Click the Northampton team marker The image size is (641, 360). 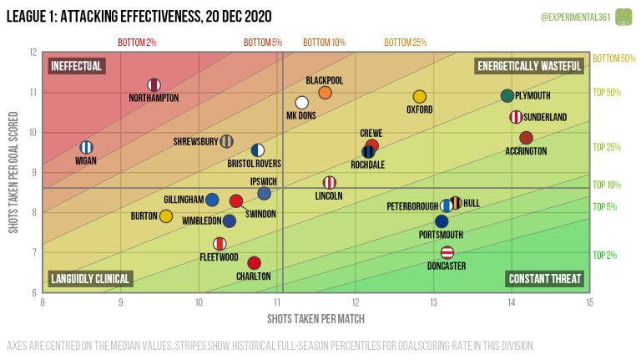[154, 84]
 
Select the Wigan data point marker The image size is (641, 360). [85, 147]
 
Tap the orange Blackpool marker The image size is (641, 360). [326, 93]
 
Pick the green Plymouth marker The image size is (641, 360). [507, 96]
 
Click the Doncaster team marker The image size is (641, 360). [447, 252]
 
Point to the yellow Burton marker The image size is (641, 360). [166, 216]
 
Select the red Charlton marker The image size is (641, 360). [255, 263]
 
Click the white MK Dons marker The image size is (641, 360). [301, 103]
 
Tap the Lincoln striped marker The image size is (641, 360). [330, 182]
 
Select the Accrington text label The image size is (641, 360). [526, 151]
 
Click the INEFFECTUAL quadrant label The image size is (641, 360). [76, 65]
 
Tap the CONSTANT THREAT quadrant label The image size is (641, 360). [545, 279]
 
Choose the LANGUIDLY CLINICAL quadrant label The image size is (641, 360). [89, 279]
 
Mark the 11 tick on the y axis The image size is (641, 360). [33, 92]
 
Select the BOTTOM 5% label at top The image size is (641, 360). [263, 42]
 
